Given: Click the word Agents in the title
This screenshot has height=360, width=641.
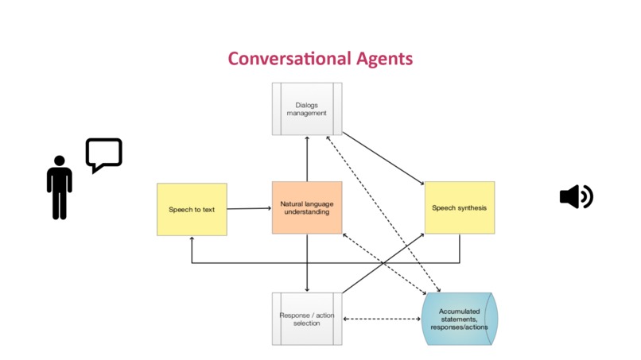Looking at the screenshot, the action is coord(384,60).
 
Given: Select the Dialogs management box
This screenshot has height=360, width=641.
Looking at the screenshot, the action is coord(307,109).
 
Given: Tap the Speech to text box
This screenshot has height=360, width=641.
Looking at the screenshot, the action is coord(192,209).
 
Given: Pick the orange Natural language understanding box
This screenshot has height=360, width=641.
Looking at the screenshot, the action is coord(307,207).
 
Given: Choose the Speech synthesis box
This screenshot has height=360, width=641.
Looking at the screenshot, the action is coord(460,207).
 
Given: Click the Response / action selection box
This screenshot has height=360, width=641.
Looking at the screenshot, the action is coord(307,319).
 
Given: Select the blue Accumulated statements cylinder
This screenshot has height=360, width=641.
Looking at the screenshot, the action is coord(460,319).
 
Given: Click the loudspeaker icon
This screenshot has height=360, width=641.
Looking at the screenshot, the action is coord(577,196).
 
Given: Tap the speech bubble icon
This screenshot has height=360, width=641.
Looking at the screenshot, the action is coord(104,154).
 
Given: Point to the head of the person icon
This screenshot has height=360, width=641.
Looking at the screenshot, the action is coord(60,161).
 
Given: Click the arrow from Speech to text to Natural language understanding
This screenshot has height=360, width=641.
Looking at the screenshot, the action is coord(250,208).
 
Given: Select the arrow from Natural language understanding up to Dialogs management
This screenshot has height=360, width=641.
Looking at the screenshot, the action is coord(307,159).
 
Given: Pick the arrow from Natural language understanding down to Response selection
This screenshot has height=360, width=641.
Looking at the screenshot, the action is coord(307,263).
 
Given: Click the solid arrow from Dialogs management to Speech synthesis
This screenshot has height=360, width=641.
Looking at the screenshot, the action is coord(383,158).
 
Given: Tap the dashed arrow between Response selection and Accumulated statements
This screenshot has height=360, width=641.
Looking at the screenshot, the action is coord(382,319).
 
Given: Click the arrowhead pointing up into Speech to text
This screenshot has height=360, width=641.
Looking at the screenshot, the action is coord(192,238).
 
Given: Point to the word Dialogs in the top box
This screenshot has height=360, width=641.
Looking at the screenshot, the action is coord(307,105).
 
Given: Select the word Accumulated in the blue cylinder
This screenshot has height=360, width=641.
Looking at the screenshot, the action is coord(460,311).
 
